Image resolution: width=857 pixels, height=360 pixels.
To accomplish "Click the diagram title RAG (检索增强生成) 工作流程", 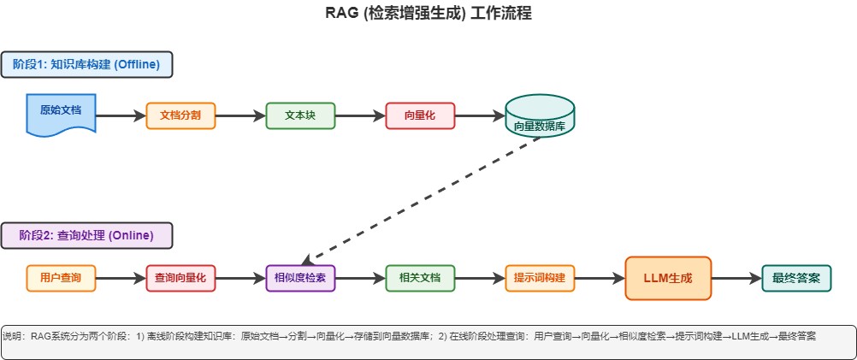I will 428,14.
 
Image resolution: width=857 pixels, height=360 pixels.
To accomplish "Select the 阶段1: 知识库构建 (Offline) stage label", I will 86,65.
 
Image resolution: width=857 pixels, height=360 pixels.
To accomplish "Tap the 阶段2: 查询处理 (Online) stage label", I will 86,235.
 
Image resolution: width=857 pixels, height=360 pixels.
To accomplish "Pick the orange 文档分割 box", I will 180,115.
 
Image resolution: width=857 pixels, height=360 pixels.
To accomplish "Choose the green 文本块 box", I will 300,115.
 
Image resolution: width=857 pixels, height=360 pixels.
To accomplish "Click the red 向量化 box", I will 420,115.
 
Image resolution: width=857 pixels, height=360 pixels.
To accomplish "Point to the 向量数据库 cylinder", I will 540,116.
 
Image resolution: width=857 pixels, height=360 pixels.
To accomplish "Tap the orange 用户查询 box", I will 61,278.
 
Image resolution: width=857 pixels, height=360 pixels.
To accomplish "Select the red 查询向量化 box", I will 180,278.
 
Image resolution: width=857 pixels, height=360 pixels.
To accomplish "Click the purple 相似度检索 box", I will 300,278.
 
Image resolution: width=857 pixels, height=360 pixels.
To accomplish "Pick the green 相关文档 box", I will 420,278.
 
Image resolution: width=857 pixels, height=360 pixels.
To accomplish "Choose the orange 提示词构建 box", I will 540,278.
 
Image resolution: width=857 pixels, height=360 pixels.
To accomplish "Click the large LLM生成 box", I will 668,278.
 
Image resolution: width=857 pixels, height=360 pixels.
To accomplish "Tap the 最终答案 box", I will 796,278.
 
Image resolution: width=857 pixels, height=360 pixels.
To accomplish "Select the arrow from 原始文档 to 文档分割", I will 120,115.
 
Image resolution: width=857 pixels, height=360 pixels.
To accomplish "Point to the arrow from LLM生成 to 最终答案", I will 736,278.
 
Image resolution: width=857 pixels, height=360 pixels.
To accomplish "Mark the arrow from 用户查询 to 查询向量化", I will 120,278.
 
